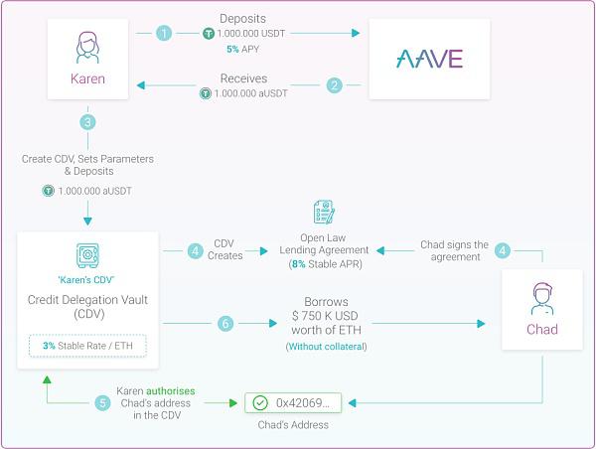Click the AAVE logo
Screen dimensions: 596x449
[429, 59]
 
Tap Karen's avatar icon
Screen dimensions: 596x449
[87, 47]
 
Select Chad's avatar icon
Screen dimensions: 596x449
[542, 299]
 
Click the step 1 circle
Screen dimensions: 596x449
[164, 33]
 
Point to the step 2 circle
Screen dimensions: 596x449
[335, 85]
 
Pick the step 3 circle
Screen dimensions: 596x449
[87, 122]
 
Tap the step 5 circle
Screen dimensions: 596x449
[102, 403]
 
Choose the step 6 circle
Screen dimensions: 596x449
[225, 324]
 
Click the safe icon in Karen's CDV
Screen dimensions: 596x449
[87, 255]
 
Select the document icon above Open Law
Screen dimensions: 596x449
[324, 213]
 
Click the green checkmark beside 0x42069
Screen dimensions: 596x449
[260, 402]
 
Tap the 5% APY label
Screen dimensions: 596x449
[243, 49]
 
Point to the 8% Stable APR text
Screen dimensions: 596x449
[326, 264]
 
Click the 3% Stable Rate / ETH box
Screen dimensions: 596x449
[87, 346]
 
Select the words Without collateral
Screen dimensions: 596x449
[326, 347]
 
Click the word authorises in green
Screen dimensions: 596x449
[170, 390]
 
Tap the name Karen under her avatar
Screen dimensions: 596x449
[87, 78]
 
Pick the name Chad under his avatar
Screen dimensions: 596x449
[542, 329]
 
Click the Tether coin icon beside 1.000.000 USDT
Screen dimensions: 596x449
[209, 34]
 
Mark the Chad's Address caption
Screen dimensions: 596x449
[293, 425]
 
